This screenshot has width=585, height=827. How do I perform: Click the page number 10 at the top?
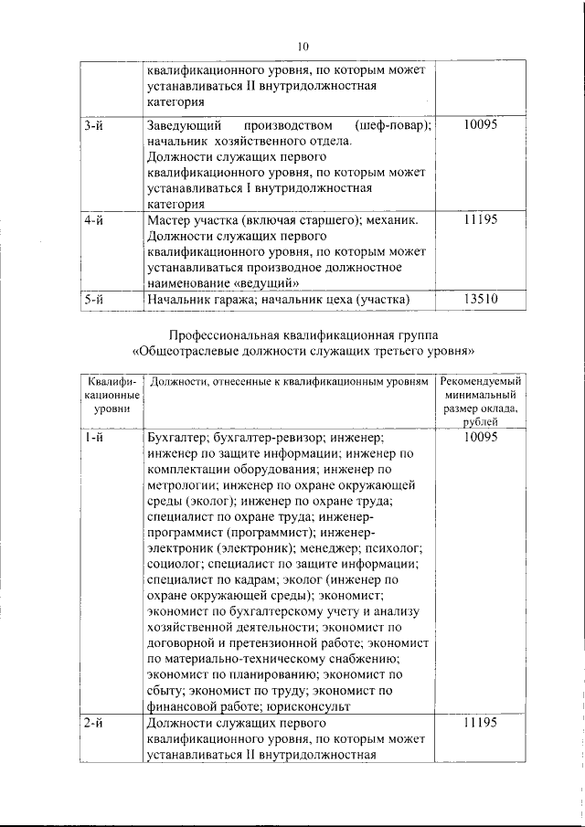point(303,47)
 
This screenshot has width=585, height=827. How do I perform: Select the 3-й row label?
point(92,124)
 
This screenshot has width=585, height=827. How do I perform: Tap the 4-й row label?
point(92,220)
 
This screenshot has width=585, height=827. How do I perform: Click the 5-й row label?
point(92,299)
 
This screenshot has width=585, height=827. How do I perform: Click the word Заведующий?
point(183,124)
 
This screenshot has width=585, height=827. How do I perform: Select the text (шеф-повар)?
point(390,124)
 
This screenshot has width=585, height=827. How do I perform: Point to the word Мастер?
point(169,220)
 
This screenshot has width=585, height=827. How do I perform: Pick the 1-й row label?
point(92,438)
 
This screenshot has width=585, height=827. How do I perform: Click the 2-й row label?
point(92,722)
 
